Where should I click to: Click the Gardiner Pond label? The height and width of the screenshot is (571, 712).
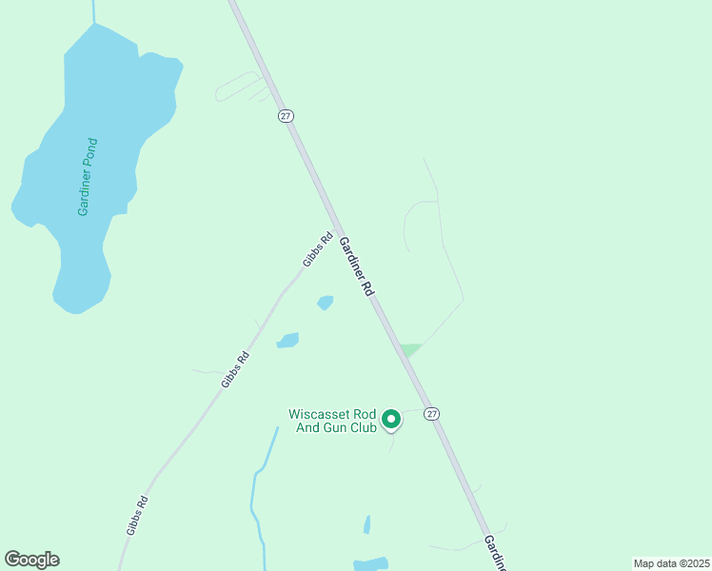[89, 177]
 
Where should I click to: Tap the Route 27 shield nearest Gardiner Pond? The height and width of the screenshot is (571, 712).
[286, 115]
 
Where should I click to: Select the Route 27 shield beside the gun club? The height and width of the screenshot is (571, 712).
[432, 414]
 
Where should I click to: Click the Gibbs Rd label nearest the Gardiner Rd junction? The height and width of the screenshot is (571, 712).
[317, 249]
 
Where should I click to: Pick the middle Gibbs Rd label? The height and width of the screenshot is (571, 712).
[235, 369]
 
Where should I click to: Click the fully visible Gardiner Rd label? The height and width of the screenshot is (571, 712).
[355, 267]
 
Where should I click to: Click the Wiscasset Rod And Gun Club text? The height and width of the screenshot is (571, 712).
[332, 421]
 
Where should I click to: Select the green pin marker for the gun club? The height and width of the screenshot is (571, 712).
[390, 419]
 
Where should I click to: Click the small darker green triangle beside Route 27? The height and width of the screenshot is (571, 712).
[410, 349]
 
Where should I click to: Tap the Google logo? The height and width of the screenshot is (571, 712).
[31, 560]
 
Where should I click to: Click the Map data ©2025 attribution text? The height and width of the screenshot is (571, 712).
[671, 563]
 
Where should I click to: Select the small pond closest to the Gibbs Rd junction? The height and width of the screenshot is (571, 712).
[326, 303]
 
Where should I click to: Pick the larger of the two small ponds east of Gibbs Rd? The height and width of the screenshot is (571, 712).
[287, 340]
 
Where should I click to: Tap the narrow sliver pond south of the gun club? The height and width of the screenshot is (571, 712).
[366, 524]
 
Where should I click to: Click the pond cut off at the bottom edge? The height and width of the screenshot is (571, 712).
[371, 563]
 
